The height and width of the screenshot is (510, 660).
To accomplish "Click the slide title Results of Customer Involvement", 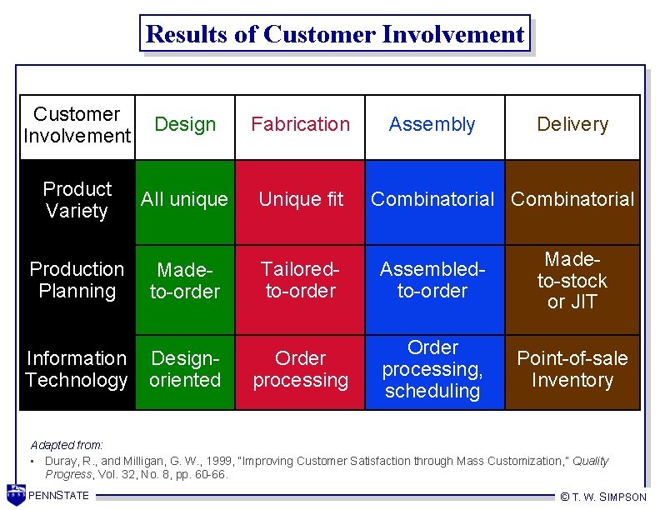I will (x=334, y=34).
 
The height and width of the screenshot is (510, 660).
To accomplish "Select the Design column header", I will (x=185, y=125).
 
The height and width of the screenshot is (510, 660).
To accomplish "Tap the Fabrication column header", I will (x=300, y=125).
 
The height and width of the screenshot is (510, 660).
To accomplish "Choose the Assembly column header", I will (x=432, y=125).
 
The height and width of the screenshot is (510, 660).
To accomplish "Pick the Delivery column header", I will (x=572, y=125).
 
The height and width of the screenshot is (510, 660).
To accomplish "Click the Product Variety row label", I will (x=77, y=200).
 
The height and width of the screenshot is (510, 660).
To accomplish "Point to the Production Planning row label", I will (x=77, y=280).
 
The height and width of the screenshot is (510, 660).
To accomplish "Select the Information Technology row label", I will (x=77, y=369).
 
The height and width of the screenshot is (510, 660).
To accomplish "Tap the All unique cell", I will (x=184, y=200).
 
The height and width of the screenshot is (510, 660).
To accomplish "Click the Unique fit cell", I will (x=300, y=200).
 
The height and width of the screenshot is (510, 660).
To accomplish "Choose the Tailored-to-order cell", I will (x=300, y=280).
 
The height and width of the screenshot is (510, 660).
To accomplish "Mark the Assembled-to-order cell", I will (x=432, y=280).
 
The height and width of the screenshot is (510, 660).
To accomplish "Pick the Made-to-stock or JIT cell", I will (x=572, y=280).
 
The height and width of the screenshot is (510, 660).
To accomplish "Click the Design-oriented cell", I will (x=184, y=369).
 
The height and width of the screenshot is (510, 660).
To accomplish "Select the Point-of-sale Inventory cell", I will (x=572, y=369).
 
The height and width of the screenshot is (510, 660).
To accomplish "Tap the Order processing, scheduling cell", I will (x=432, y=369).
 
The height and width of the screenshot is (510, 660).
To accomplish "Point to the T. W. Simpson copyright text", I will (x=603, y=497).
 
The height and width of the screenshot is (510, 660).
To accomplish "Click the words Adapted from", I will (x=55, y=445).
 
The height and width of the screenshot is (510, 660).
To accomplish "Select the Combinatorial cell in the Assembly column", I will (x=432, y=200).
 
